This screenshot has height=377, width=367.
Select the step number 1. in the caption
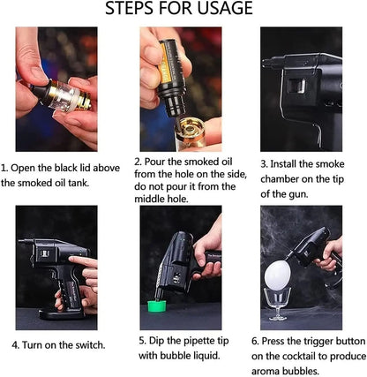pyautogui.click(x=5, y=166)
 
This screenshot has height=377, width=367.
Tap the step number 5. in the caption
pyautogui.click(x=142, y=339)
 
